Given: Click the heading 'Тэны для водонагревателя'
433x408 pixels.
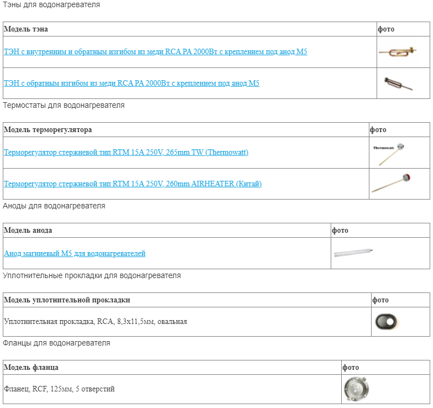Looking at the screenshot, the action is click(51, 4).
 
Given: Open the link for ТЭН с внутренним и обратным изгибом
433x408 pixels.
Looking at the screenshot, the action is click(155, 51).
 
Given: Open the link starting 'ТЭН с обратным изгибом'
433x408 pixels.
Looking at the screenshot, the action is click(132, 83).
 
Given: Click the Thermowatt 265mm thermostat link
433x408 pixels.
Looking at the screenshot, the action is click(126, 152).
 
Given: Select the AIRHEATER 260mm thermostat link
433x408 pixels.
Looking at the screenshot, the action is click(133, 184).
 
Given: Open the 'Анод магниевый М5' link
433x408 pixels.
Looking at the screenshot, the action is click(75, 253).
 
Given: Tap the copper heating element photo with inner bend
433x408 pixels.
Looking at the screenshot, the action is click(398, 51).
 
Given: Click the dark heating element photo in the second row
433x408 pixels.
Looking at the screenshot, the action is click(398, 83).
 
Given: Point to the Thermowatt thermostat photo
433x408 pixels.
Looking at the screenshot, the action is click(389, 154).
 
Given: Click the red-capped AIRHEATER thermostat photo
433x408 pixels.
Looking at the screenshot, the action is click(391, 183).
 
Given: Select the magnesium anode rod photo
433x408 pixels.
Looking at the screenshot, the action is click(353, 253).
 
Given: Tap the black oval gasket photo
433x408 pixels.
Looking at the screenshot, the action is click(386, 322).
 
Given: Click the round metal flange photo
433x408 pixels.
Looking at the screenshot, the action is click(357, 389).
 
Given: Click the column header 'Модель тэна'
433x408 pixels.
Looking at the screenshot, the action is click(26, 29).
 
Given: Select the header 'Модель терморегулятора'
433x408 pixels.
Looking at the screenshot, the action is click(48, 129).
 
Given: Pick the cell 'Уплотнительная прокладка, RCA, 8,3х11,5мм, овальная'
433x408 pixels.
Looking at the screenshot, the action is click(96, 322).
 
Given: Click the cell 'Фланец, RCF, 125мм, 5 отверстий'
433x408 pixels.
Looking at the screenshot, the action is click(59, 389).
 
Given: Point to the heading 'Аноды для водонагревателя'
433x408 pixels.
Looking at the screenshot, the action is click(54, 206).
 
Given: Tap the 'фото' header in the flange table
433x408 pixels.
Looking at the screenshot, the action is click(351, 368).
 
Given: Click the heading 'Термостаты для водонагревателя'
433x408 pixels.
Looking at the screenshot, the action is click(64, 105).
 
